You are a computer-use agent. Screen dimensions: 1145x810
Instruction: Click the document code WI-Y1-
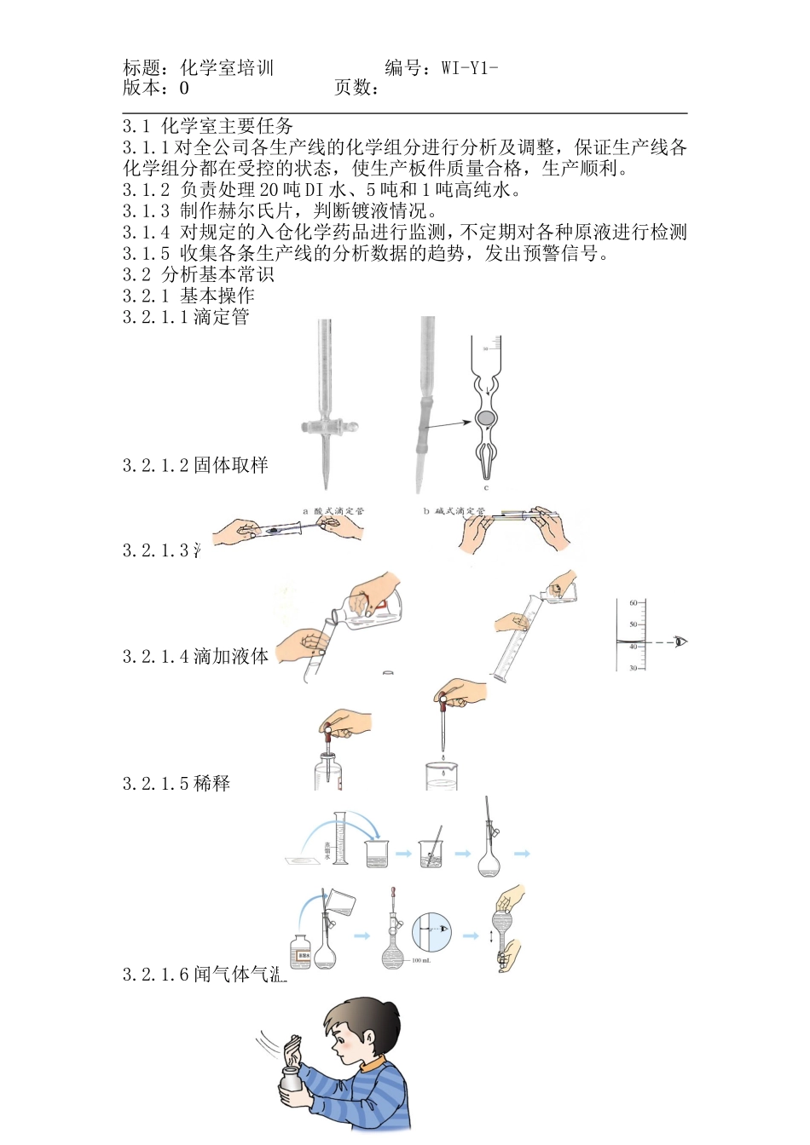click(x=470, y=68)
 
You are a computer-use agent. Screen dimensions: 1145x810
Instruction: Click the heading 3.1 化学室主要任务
click(x=208, y=126)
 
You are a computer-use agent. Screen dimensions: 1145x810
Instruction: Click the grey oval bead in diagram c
click(x=485, y=418)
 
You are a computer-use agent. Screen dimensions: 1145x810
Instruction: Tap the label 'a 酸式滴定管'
click(x=333, y=511)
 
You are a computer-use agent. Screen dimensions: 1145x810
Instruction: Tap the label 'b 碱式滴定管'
click(x=454, y=511)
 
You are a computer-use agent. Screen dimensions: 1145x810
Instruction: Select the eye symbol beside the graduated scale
click(x=680, y=642)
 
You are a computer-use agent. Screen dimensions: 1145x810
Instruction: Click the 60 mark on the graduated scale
click(x=634, y=603)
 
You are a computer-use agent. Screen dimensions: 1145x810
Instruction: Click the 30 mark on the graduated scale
click(x=634, y=669)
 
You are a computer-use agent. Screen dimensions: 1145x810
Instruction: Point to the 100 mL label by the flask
click(x=421, y=961)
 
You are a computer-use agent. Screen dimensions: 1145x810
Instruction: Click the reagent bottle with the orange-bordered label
click(x=302, y=952)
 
